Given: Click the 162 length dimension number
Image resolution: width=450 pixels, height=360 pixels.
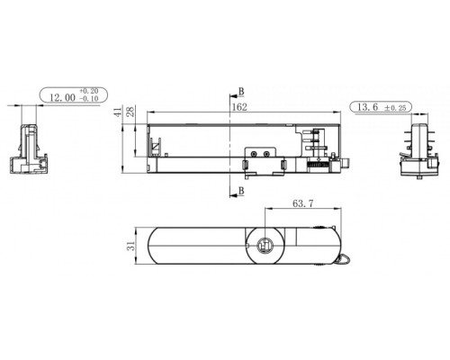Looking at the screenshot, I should click(239, 107).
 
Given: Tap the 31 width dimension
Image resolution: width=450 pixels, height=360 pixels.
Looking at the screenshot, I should click(130, 246).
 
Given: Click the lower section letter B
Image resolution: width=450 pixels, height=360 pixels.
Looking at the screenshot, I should click(241, 192).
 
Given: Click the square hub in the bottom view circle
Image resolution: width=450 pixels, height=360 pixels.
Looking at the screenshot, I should click(266, 246).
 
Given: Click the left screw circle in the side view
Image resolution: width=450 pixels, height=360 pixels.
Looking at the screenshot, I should click(255, 154).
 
